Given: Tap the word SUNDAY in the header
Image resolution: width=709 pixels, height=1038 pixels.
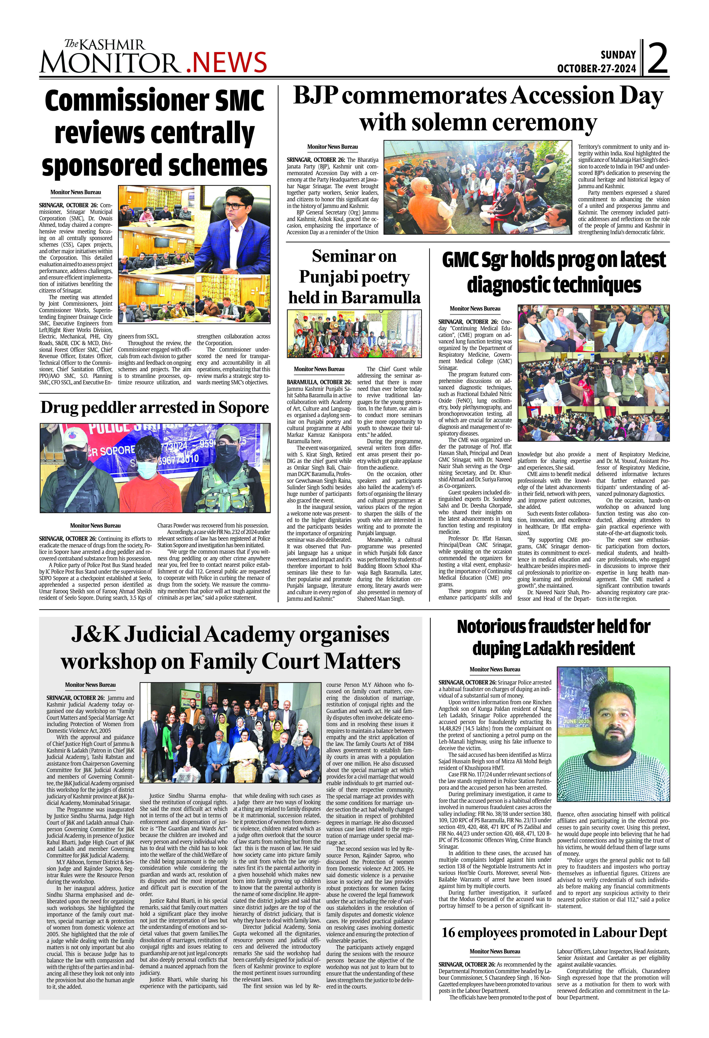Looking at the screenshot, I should (x=618, y=55).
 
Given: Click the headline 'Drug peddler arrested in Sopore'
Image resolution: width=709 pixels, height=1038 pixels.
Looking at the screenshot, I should (x=155, y=407).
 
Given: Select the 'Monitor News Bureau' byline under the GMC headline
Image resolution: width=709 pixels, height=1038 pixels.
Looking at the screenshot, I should (x=475, y=309).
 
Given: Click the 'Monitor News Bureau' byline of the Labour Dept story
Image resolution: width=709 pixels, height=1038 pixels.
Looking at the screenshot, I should (x=495, y=951).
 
